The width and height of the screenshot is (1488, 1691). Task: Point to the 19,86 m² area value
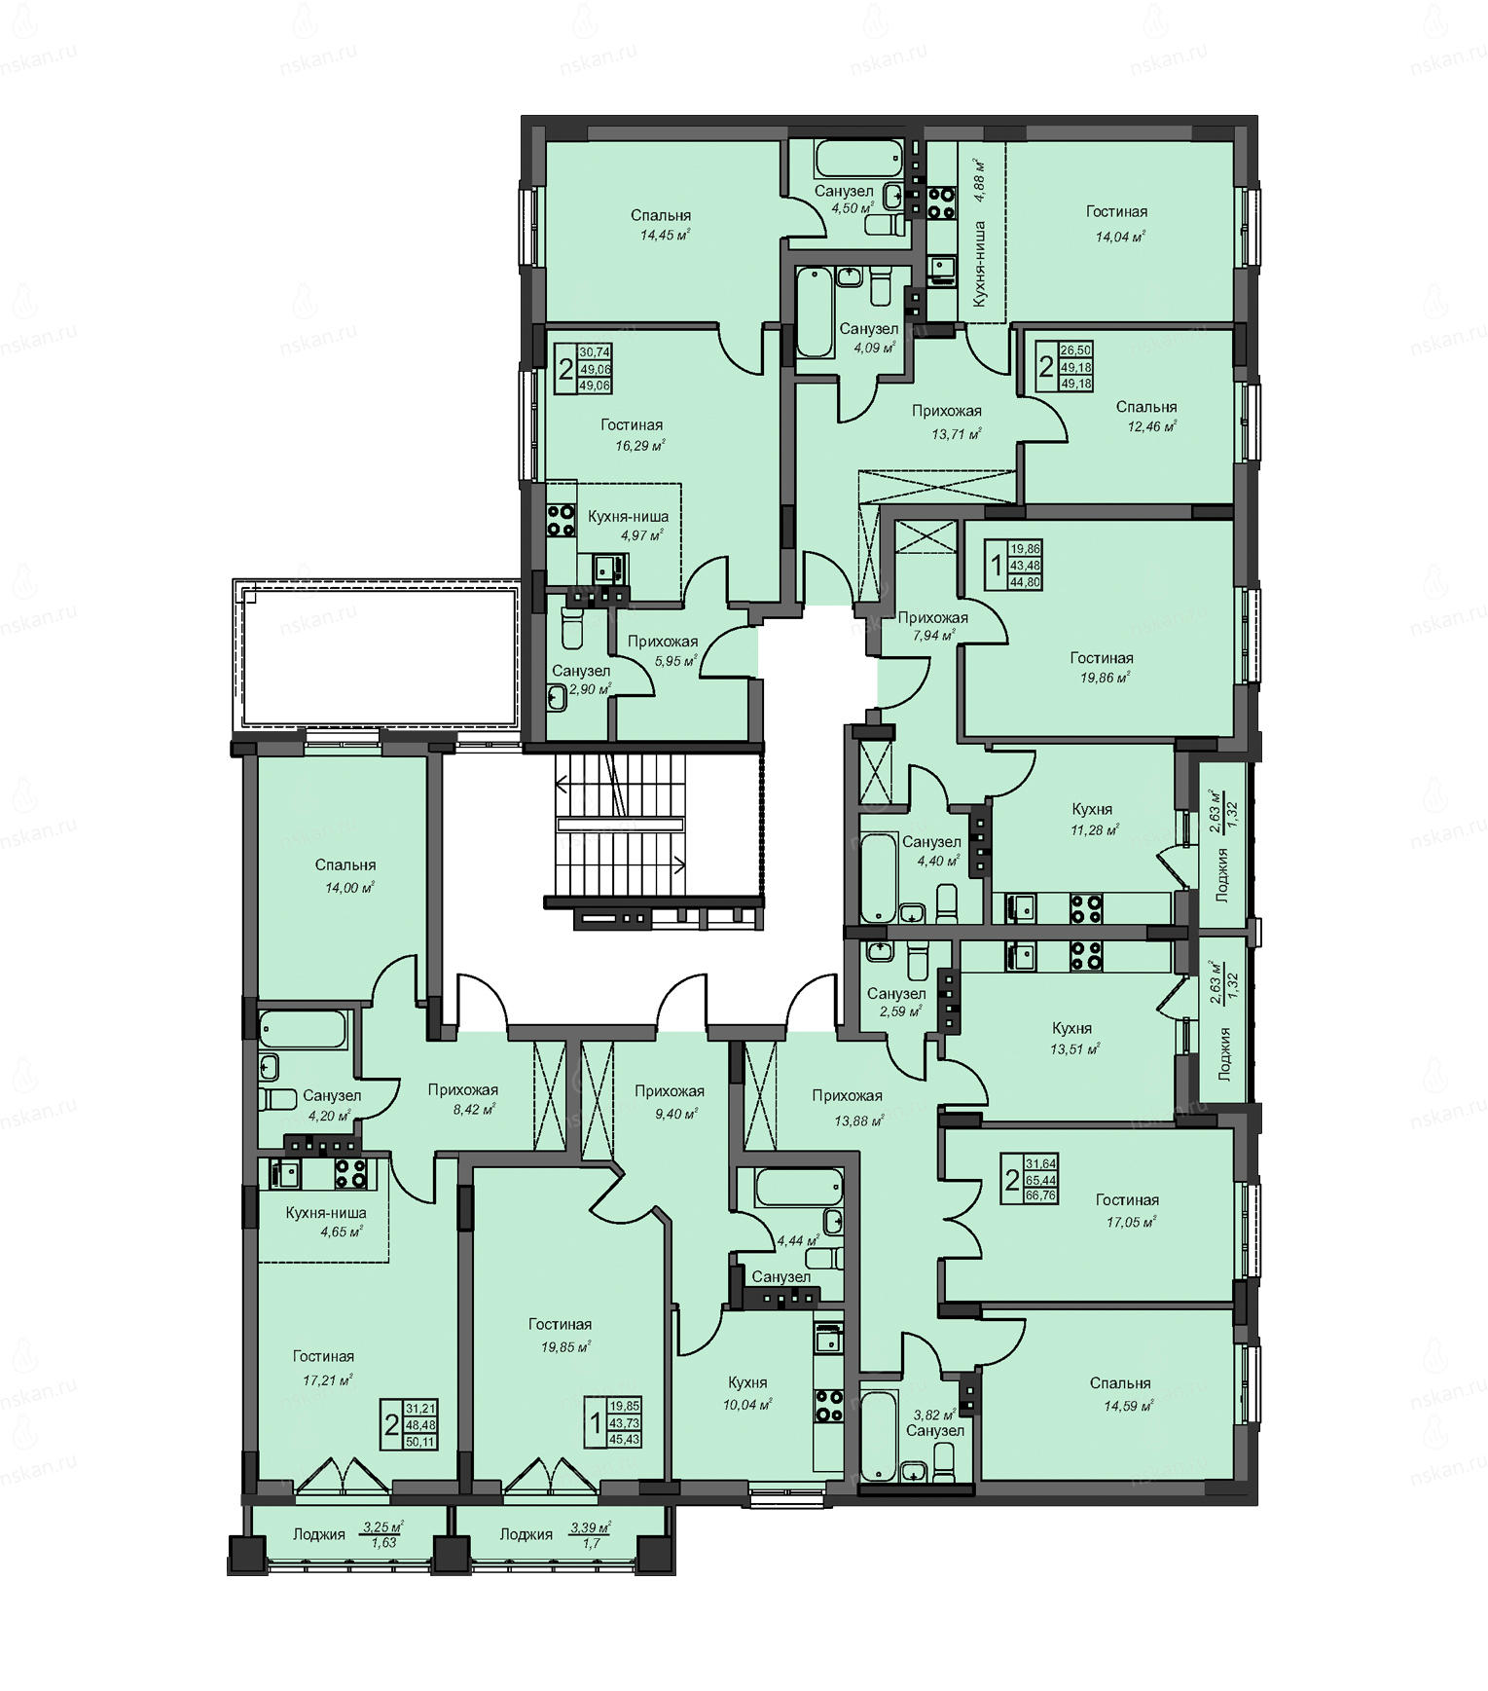1105,678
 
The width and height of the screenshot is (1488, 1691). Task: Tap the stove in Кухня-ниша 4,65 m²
350,1173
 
